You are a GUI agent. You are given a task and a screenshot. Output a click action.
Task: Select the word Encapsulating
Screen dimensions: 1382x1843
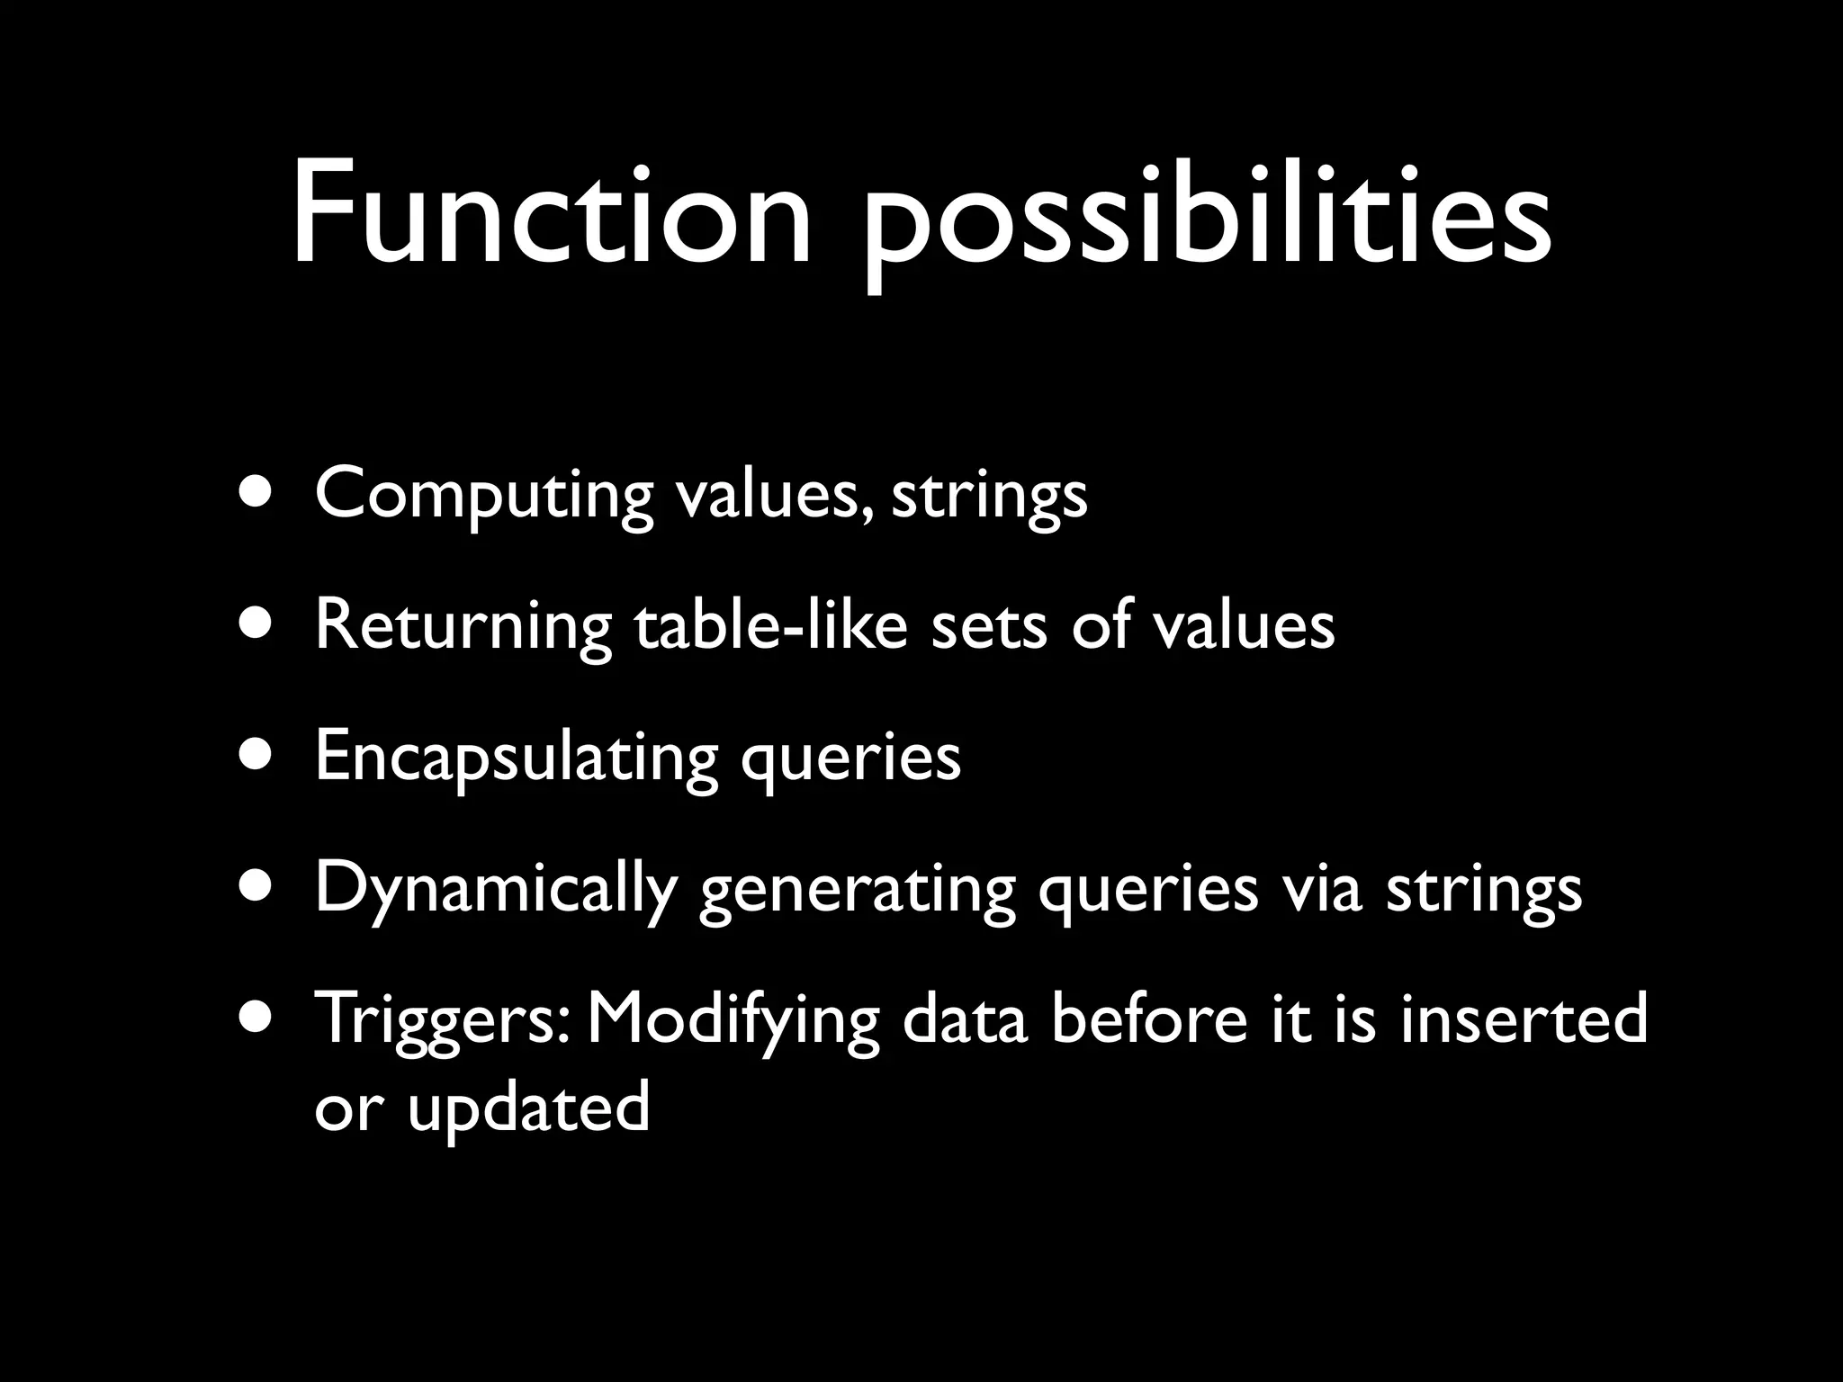(x=516, y=758)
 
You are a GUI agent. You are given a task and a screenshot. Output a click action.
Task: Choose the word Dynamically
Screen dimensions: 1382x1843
(x=494, y=891)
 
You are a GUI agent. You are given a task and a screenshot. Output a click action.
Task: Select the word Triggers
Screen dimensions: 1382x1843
(x=441, y=1021)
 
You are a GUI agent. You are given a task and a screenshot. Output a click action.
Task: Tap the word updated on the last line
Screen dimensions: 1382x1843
(x=528, y=1108)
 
